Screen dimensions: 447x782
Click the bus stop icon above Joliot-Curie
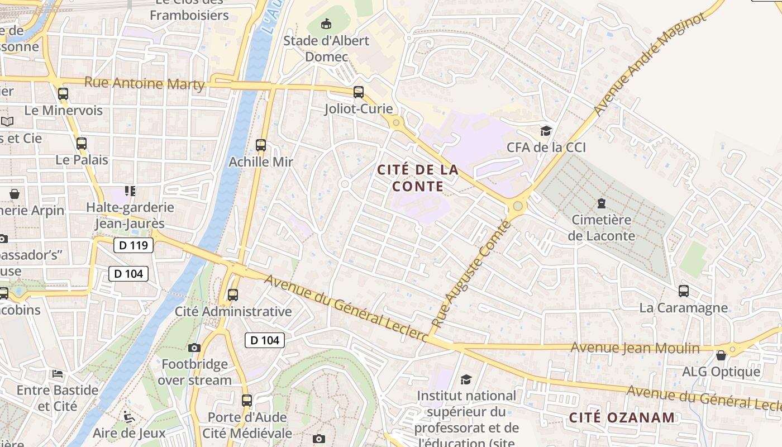tap(359, 92)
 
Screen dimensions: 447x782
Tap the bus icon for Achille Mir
tap(261, 145)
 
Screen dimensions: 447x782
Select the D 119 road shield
tap(133, 245)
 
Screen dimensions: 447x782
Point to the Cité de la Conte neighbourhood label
tap(418, 178)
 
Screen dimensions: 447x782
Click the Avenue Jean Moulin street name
tap(635, 348)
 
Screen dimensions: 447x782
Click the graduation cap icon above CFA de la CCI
tap(546, 131)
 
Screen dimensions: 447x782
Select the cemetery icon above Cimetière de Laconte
tap(602, 203)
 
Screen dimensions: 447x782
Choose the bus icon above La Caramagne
tap(684, 291)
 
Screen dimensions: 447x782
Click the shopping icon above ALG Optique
tap(721, 355)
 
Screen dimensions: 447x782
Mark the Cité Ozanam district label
tap(622, 417)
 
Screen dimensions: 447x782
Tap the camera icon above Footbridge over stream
tap(194, 348)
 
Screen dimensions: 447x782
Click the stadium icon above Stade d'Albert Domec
tap(326, 24)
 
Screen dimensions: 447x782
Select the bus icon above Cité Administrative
tap(233, 295)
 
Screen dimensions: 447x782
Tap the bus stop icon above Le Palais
tap(82, 144)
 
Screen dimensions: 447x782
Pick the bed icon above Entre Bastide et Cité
tap(57, 373)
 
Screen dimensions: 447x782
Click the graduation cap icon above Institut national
tap(466, 380)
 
